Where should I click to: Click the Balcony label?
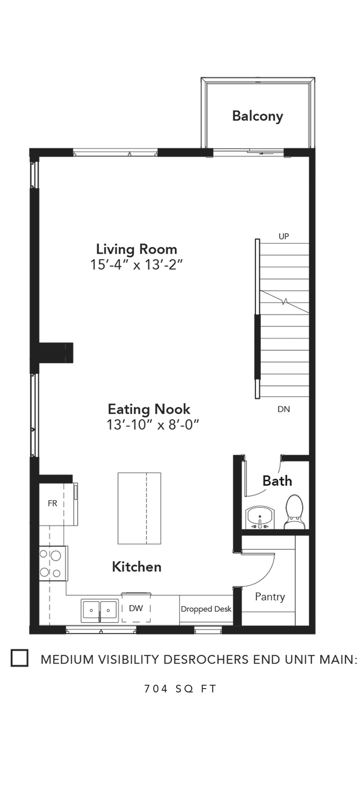click(x=258, y=116)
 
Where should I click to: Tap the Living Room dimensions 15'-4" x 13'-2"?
click(x=136, y=265)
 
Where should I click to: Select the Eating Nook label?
click(x=149, y=409)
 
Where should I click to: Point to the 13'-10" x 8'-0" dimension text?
click(x=153, y=424)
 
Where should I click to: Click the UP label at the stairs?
click(x=284, y=236)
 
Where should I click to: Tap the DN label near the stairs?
click(x=284, y=409)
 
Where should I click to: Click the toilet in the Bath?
click(x=295, y=511)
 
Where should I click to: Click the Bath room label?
click(x=277, y=481)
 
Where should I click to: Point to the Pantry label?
click(x=270, y=597)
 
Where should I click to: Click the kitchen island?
click(x=139, y=508)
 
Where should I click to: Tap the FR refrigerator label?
click(x=53, y=504)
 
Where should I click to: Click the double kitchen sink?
click(x=100, y=611)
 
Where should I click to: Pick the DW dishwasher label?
click(x=136, y=609)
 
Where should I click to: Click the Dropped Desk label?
click(x=206, y=609)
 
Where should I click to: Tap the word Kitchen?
click(x=137, y=567)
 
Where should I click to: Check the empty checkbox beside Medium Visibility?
click(x=19, y=658)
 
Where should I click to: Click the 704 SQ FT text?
click(x=180, y=689)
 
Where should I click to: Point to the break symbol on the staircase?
click(x=285, y=302)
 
